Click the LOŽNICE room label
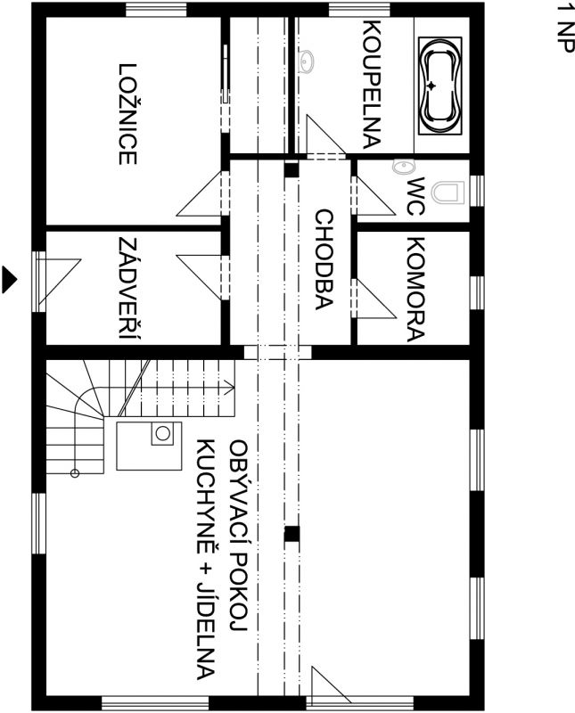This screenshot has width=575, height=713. tap(127, 114)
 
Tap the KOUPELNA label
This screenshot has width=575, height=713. tap(372, 85)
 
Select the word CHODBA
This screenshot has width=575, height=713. tap(324, 259)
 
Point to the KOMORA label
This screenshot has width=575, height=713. tap(415, 289)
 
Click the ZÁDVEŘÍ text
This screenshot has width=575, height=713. tap(128, 288)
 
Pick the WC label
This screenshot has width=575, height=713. tap(415, 196)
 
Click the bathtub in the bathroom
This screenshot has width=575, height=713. tap(439, 86)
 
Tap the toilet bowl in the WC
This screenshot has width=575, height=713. tap(448, 193)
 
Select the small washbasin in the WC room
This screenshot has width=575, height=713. tap(404, 167)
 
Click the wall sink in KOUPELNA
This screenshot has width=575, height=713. tap(307, 61)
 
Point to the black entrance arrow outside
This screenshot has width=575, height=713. tap(9, 279)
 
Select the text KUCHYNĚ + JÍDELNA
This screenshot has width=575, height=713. tap(206, 559)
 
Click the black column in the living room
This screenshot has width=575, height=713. tap(292, 534)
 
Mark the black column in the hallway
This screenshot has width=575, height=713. tap(292, 169)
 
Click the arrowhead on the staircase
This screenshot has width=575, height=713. tap(230, 389)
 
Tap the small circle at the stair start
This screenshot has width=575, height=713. tap(75, 473)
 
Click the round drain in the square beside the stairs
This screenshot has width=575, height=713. tap(162, 433)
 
